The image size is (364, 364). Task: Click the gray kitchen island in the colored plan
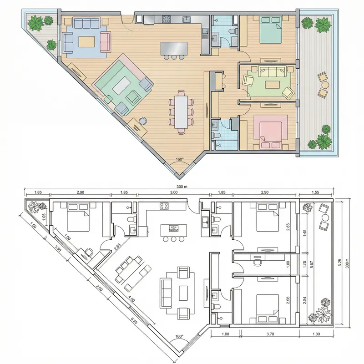(173, 48)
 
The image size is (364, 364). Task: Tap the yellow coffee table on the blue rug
(87, 41)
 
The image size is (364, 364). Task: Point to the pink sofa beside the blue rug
(106, 41)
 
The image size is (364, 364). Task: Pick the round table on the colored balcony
(324, 85)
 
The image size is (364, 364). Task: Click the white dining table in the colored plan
(181, 111)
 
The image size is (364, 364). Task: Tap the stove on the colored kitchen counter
(166, 19)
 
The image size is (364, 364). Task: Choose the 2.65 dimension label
(118, 247)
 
